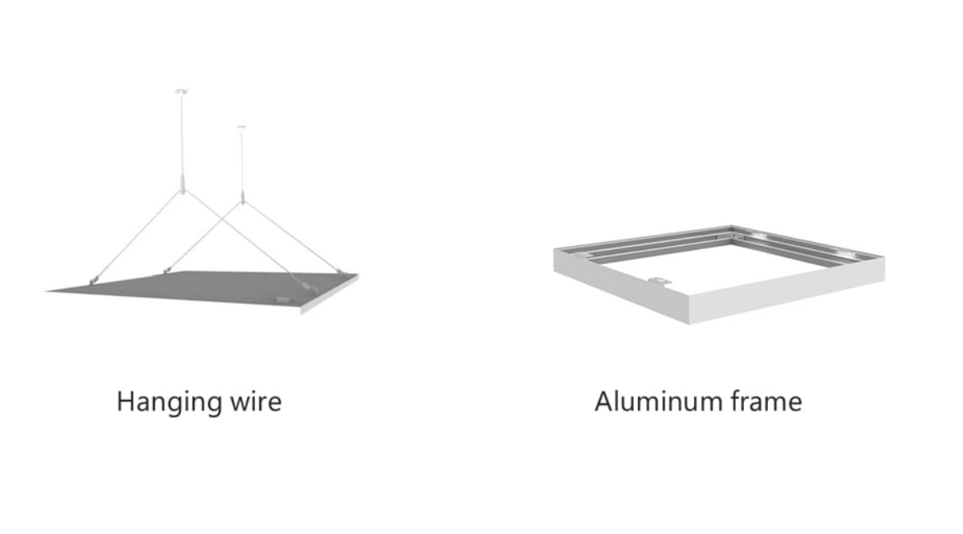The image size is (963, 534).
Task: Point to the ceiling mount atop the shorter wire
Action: click(241, 127)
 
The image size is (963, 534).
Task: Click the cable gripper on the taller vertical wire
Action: click(182, 182)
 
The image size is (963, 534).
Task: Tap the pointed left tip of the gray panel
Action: click(49, 290)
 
